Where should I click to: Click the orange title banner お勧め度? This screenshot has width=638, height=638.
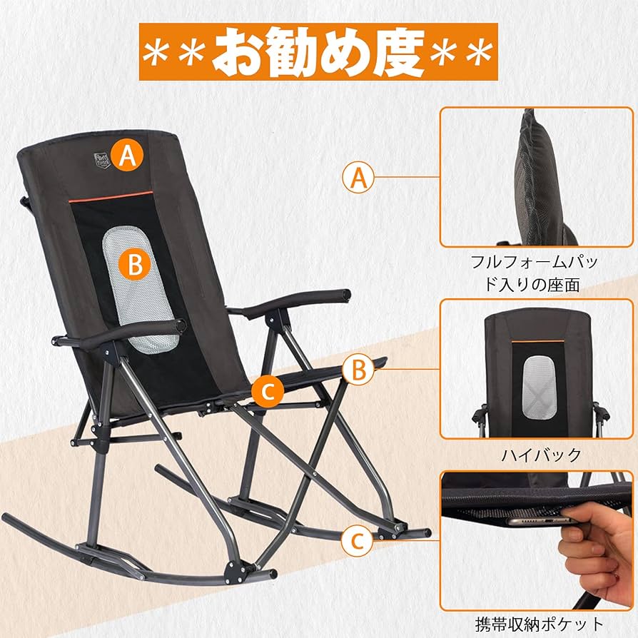coord(318,51)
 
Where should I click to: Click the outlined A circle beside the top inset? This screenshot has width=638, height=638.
coord(358,177)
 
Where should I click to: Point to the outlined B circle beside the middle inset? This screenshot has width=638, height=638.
coord(358,370)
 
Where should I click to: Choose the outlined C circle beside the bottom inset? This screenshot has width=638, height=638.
coord(358,541)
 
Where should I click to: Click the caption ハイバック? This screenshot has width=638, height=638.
coord(537,454)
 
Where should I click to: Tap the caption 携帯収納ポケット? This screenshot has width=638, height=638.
coord(537,623)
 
